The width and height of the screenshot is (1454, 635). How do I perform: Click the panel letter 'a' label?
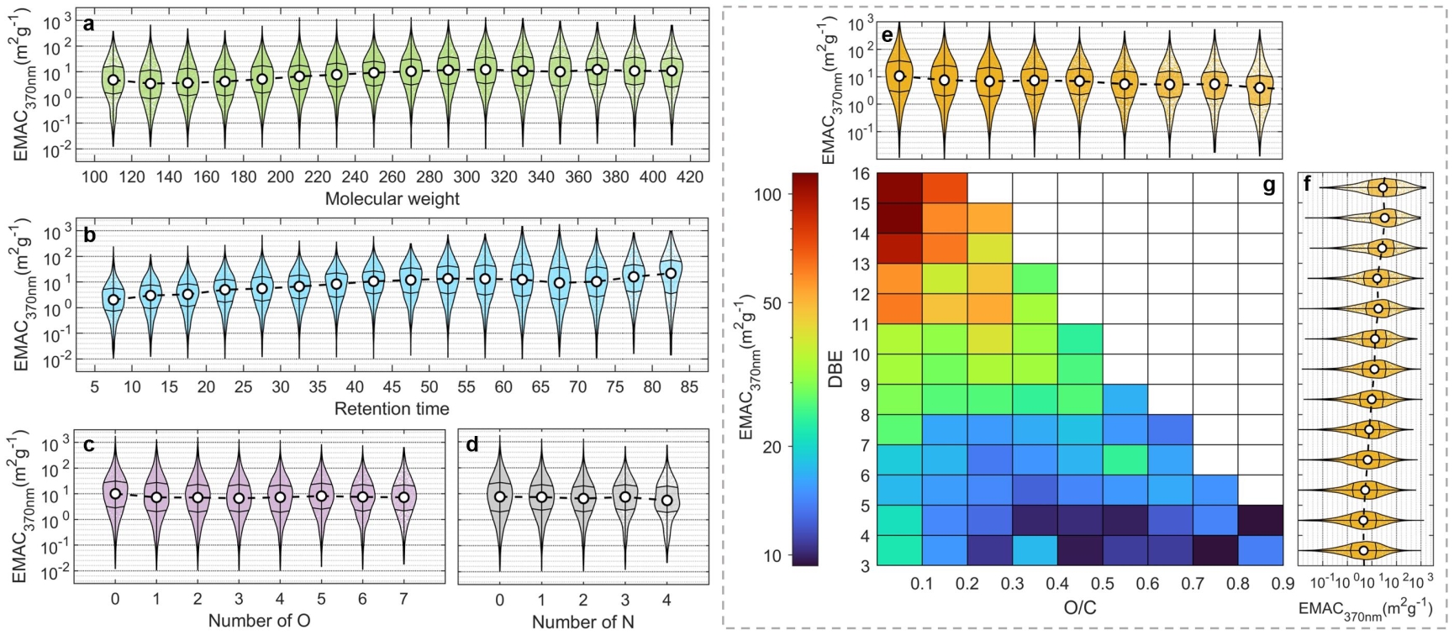click(x=88, y=24)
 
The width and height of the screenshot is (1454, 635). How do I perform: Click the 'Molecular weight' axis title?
click(x=392, y=199)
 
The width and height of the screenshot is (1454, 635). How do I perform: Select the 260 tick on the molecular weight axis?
click(x=392, y=177)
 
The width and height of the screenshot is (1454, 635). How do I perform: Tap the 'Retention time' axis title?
click(x=392, y=409)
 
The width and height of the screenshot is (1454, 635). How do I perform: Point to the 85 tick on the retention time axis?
click(x=689, y=387)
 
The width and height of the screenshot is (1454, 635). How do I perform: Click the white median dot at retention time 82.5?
click(x=671, y=273)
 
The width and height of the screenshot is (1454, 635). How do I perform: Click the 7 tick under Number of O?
click(x=403, y=600)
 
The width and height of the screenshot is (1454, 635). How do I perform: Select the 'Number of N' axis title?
click(x=582, y=622)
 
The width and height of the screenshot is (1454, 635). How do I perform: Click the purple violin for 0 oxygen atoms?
click(x=115, y=496)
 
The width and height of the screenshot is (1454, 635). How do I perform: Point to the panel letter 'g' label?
click(x=1269, y=186)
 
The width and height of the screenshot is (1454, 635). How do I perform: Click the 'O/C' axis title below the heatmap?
click(x=1080, y=606)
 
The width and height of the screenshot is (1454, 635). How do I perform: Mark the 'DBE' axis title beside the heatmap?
click(x=835, y=369)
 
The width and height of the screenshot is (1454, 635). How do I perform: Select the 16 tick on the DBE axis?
click(x=861, y=175)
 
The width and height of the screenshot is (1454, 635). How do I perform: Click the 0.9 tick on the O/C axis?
click(x=1283, y=584)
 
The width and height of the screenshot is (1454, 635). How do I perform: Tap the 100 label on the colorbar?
click(x=768, y=194)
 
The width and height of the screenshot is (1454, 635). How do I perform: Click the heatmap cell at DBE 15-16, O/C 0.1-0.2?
click(x=945, y=188)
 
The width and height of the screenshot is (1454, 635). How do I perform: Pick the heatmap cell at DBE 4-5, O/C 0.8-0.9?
click(x=1260, y=520)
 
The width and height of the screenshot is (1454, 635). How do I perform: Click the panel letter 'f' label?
click(x=1307, y=184)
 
